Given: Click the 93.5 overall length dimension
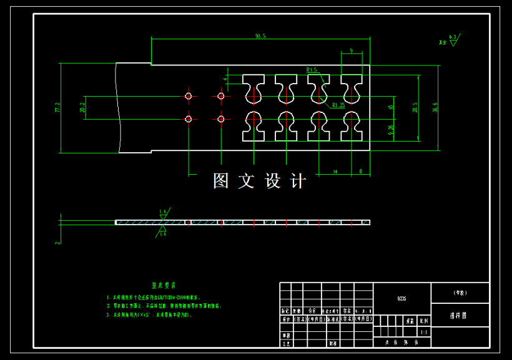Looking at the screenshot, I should [x=260, y=37].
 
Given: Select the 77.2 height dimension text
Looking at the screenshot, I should [x=57, y=107].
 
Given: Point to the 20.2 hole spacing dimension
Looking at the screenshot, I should [x=82, y=107].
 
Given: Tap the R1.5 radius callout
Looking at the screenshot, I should [x=312, y=70].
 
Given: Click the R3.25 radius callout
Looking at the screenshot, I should [x=338, y=105].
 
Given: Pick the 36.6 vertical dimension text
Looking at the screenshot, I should [x=435, y=107].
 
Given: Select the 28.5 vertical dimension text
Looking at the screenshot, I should [x=415, y=107].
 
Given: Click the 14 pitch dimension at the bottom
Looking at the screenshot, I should [x=335, y=170].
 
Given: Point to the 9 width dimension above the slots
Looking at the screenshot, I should [x=352, y=51].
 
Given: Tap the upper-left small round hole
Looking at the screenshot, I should [x=189, y=96].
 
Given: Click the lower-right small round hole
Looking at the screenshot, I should [x=220, y=119].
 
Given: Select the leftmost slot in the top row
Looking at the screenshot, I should [x=254, y=89].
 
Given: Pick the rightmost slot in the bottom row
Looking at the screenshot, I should [x=351, y=126].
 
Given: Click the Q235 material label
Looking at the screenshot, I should [x=401, y=299].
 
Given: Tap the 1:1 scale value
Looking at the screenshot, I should [x=425, y=333].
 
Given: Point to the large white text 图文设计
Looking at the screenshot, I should [x=259, y=182].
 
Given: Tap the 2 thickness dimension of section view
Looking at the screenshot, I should [x=57, y=242].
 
